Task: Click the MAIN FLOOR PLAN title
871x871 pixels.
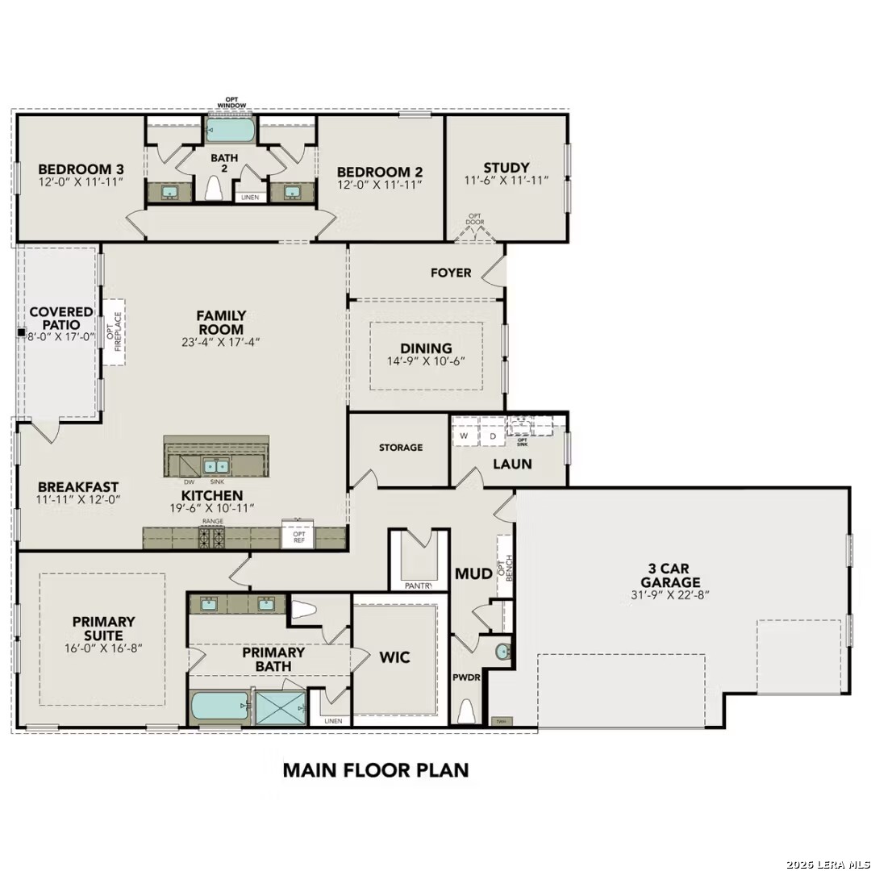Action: pos(375,769)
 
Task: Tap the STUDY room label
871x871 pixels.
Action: pos(506,168)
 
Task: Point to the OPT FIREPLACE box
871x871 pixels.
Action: pos(114,331)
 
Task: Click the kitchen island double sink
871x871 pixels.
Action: pos(215,466)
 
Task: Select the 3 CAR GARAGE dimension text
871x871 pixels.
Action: pos(669,596)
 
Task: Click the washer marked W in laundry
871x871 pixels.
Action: pos(464,436)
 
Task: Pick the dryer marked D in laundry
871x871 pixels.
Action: pos(492,436)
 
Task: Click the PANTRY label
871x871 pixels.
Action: pos(419,586)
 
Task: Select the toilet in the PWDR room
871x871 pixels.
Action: pos(466,711)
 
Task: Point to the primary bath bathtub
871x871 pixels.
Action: pos(219,707)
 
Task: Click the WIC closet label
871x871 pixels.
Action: pos(394,657)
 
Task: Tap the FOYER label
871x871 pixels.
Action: pos(451,273)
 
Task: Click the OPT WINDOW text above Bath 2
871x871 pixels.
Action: pos(231,103)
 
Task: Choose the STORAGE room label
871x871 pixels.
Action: pos(401,448)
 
